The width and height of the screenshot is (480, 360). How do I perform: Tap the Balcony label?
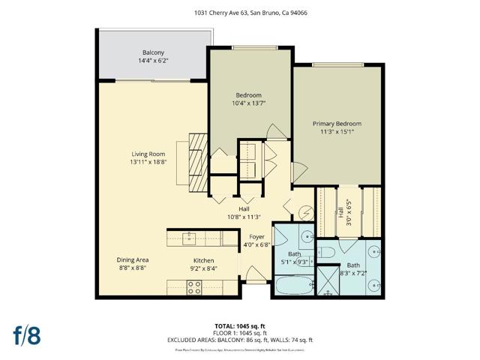click(153, 52)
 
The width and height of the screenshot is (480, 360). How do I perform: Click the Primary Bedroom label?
click(337, 124)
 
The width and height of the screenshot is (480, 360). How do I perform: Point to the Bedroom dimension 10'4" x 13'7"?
click(250, 103)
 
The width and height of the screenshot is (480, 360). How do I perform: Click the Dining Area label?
click(132, 259)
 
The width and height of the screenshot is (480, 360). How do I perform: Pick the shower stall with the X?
click(328, 280)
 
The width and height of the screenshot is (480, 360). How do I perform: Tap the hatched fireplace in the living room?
click(198, 163)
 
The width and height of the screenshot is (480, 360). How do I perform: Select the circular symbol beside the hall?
click(305, 213)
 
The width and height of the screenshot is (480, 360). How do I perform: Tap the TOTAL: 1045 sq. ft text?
click(239, 325)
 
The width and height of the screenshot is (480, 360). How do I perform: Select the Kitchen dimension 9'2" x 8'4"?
click(204, 264)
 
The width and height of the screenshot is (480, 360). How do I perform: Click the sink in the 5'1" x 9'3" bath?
click(307, 239)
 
